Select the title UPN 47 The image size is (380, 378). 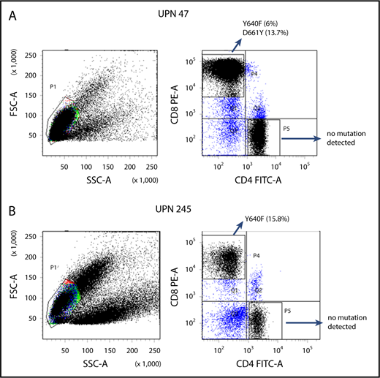point(192,14)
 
